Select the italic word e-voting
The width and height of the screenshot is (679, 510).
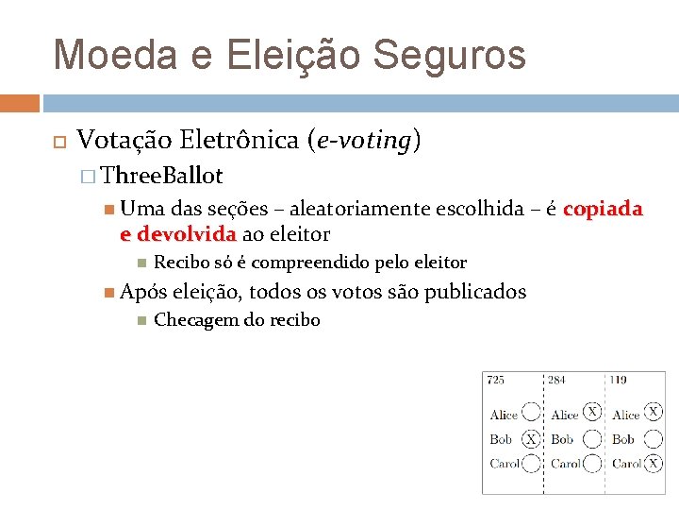coord(363,141)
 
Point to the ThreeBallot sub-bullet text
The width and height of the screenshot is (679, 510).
coord(161,176)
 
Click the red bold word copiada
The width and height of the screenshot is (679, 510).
coord(603,209)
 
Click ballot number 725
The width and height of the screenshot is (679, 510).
coord(495,380)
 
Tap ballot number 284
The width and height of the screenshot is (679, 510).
coord(556,380)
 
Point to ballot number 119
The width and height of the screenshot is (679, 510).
coord(618,380)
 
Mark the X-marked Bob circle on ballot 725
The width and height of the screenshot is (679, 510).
coord(532,439)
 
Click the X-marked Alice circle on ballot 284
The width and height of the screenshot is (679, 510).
coord(592,412)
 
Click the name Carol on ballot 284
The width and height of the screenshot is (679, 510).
coord(566,464)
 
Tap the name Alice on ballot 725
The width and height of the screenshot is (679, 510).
coord(504,415)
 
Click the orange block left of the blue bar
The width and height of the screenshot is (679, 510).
coord(20,103)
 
